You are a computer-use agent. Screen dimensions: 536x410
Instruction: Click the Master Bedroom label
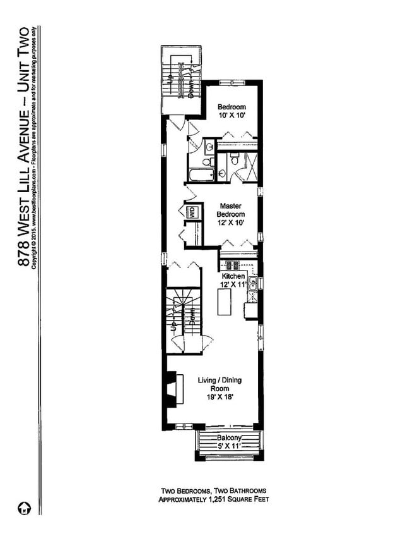[231, 210]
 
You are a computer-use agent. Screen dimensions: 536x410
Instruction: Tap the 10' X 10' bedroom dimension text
[231, 116]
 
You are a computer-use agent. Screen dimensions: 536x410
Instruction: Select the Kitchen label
[232, 276]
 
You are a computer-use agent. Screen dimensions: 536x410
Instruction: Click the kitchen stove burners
[231, 265]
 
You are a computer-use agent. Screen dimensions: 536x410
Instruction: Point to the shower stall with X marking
[249, 167]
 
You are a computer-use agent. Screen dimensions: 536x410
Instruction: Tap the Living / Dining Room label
[220, 384]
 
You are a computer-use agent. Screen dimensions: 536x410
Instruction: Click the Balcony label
[230, 438]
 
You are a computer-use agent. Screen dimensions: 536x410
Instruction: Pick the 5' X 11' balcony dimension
[230, 446]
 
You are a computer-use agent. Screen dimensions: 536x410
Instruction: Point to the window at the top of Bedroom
[231, 82]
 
